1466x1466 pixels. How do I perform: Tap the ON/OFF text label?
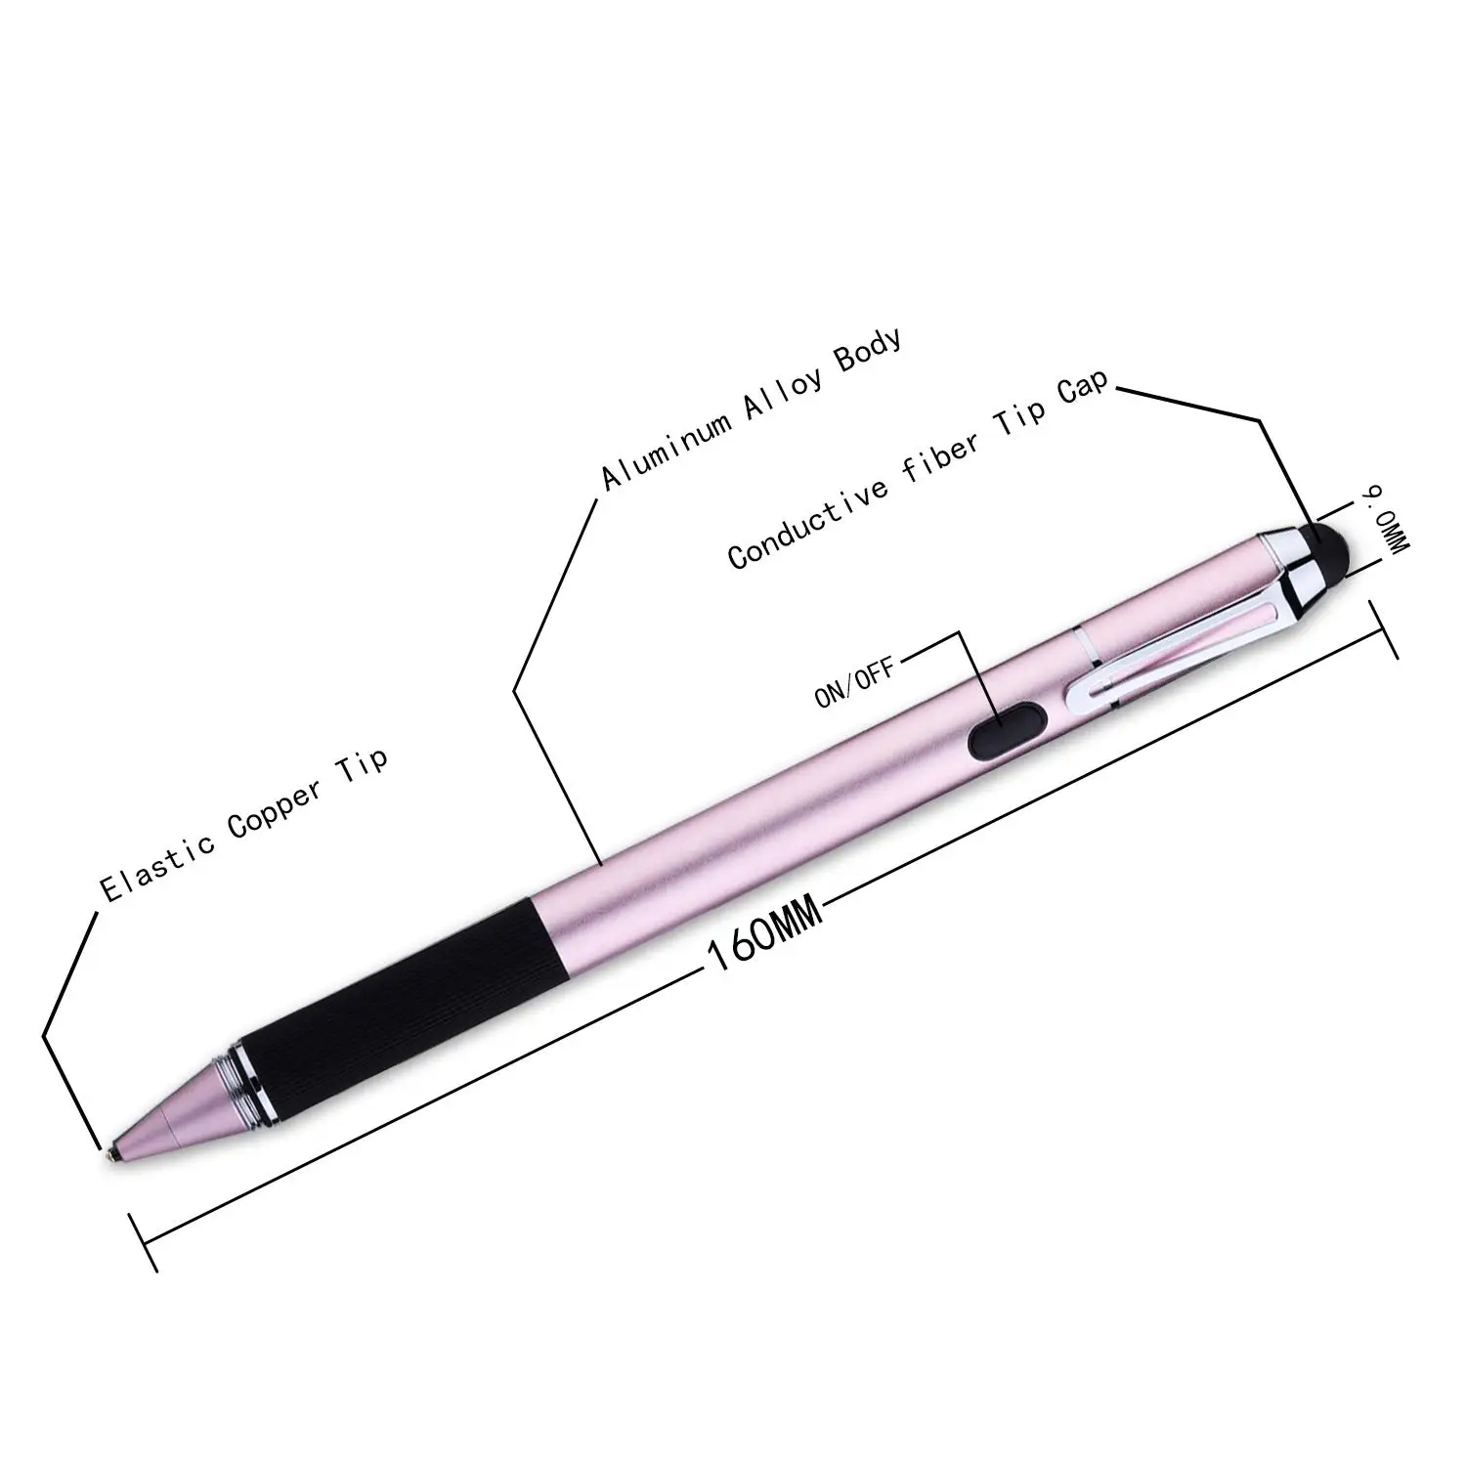(853, 683)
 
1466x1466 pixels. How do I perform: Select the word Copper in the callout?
(277, 809)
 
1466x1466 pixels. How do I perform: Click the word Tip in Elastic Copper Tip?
(364, 762)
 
